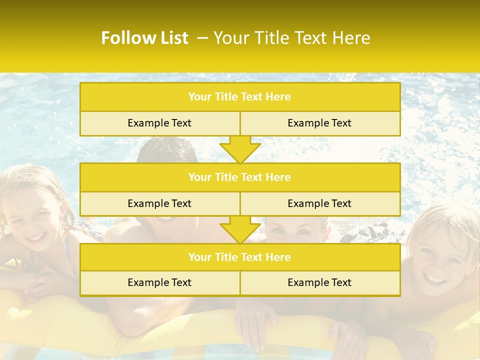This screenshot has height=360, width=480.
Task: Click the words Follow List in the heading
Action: [145, 38]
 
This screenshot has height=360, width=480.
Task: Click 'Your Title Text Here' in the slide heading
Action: [292, 38]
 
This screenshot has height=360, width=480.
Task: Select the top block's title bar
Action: [240, 97]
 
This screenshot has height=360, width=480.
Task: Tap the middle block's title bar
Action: [240, 177]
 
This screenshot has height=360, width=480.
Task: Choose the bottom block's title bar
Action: [240, 257]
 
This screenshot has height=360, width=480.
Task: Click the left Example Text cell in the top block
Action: [159, 123]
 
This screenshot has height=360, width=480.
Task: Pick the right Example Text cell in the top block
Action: [320, 123]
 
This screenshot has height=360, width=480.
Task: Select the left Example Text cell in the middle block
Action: [159, 203]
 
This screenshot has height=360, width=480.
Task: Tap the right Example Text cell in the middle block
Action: [320, 203]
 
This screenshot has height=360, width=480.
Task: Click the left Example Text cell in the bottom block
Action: [159, 282]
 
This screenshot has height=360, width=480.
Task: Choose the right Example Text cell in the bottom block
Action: [320, 282]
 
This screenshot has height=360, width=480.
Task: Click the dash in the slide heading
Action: [202, 38]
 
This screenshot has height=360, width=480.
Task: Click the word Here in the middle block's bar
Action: [279, 177]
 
